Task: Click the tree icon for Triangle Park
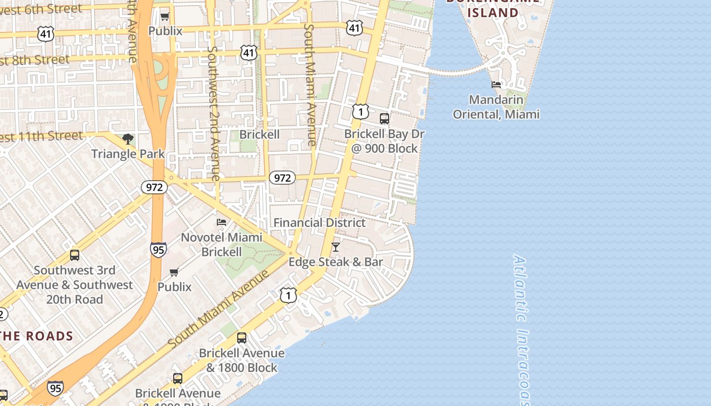coord(128,139)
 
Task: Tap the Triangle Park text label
coord(128,153)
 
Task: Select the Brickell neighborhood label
coord(259,134)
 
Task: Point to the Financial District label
coord(319,222)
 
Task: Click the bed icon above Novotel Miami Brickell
coord(221,222)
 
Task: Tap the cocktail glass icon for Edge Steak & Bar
coord(335,247)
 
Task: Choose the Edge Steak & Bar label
coord(336,262)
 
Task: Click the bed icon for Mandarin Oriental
coord(496,85)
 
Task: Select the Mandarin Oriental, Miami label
coord(496,107)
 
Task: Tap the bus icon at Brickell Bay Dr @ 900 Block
coord(384,119)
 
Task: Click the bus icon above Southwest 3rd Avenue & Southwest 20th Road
coord(75,255)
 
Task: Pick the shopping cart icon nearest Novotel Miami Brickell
coord(174,273)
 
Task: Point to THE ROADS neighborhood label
coord(37,336)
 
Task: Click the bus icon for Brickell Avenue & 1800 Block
coord(242,338)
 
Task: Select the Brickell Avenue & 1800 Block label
coord(242,360)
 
